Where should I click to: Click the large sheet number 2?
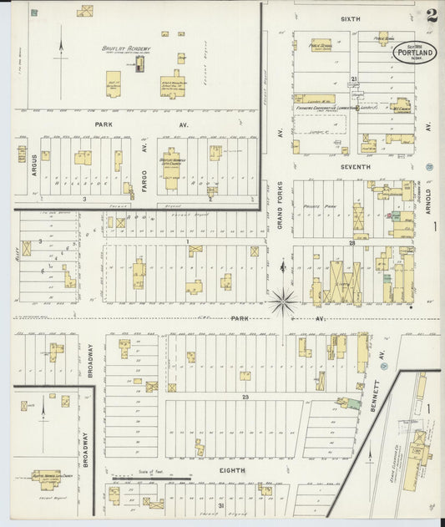[x=431, y=15]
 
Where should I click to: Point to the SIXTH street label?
[x=350, y=18]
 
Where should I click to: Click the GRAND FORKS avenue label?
[x=281, y=209]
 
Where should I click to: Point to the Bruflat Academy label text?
[x=126, y=49]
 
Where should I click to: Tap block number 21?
[x=354, y=79]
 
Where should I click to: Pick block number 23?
[x=245, y=398]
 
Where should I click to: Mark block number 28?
[x=352, y=243]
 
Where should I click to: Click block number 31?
[x=220, y=506]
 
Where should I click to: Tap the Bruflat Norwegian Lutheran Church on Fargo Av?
[x=173, y=159]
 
